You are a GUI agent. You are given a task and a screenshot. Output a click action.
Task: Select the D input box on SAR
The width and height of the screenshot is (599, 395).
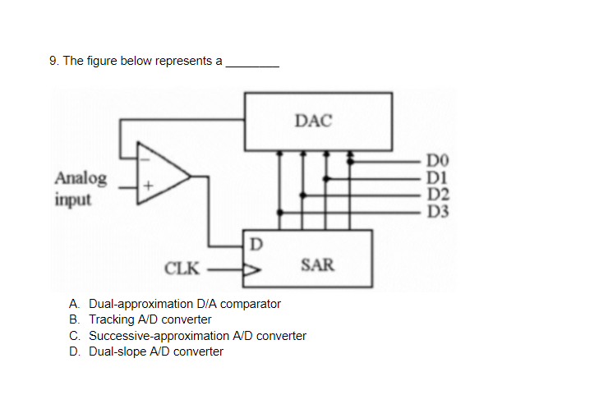[256, 244]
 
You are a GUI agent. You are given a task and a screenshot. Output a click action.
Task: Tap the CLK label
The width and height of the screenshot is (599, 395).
[182, 268]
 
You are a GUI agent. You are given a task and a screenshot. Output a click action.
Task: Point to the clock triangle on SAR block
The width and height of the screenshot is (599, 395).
[251, 268]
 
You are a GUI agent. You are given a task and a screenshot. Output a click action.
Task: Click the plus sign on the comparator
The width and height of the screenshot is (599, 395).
[148, 187]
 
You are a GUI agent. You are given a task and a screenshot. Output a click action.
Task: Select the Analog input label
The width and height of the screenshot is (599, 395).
[81, 188]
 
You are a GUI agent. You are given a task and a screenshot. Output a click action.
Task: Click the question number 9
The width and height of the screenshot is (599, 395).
[53, 61]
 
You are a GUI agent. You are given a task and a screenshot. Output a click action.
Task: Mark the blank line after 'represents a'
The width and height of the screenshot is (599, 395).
[252, 62]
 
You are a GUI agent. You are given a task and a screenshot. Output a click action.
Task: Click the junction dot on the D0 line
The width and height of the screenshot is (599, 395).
[351, 161]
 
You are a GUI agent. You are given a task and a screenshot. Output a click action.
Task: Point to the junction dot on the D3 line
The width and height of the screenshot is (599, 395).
[281, 212]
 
